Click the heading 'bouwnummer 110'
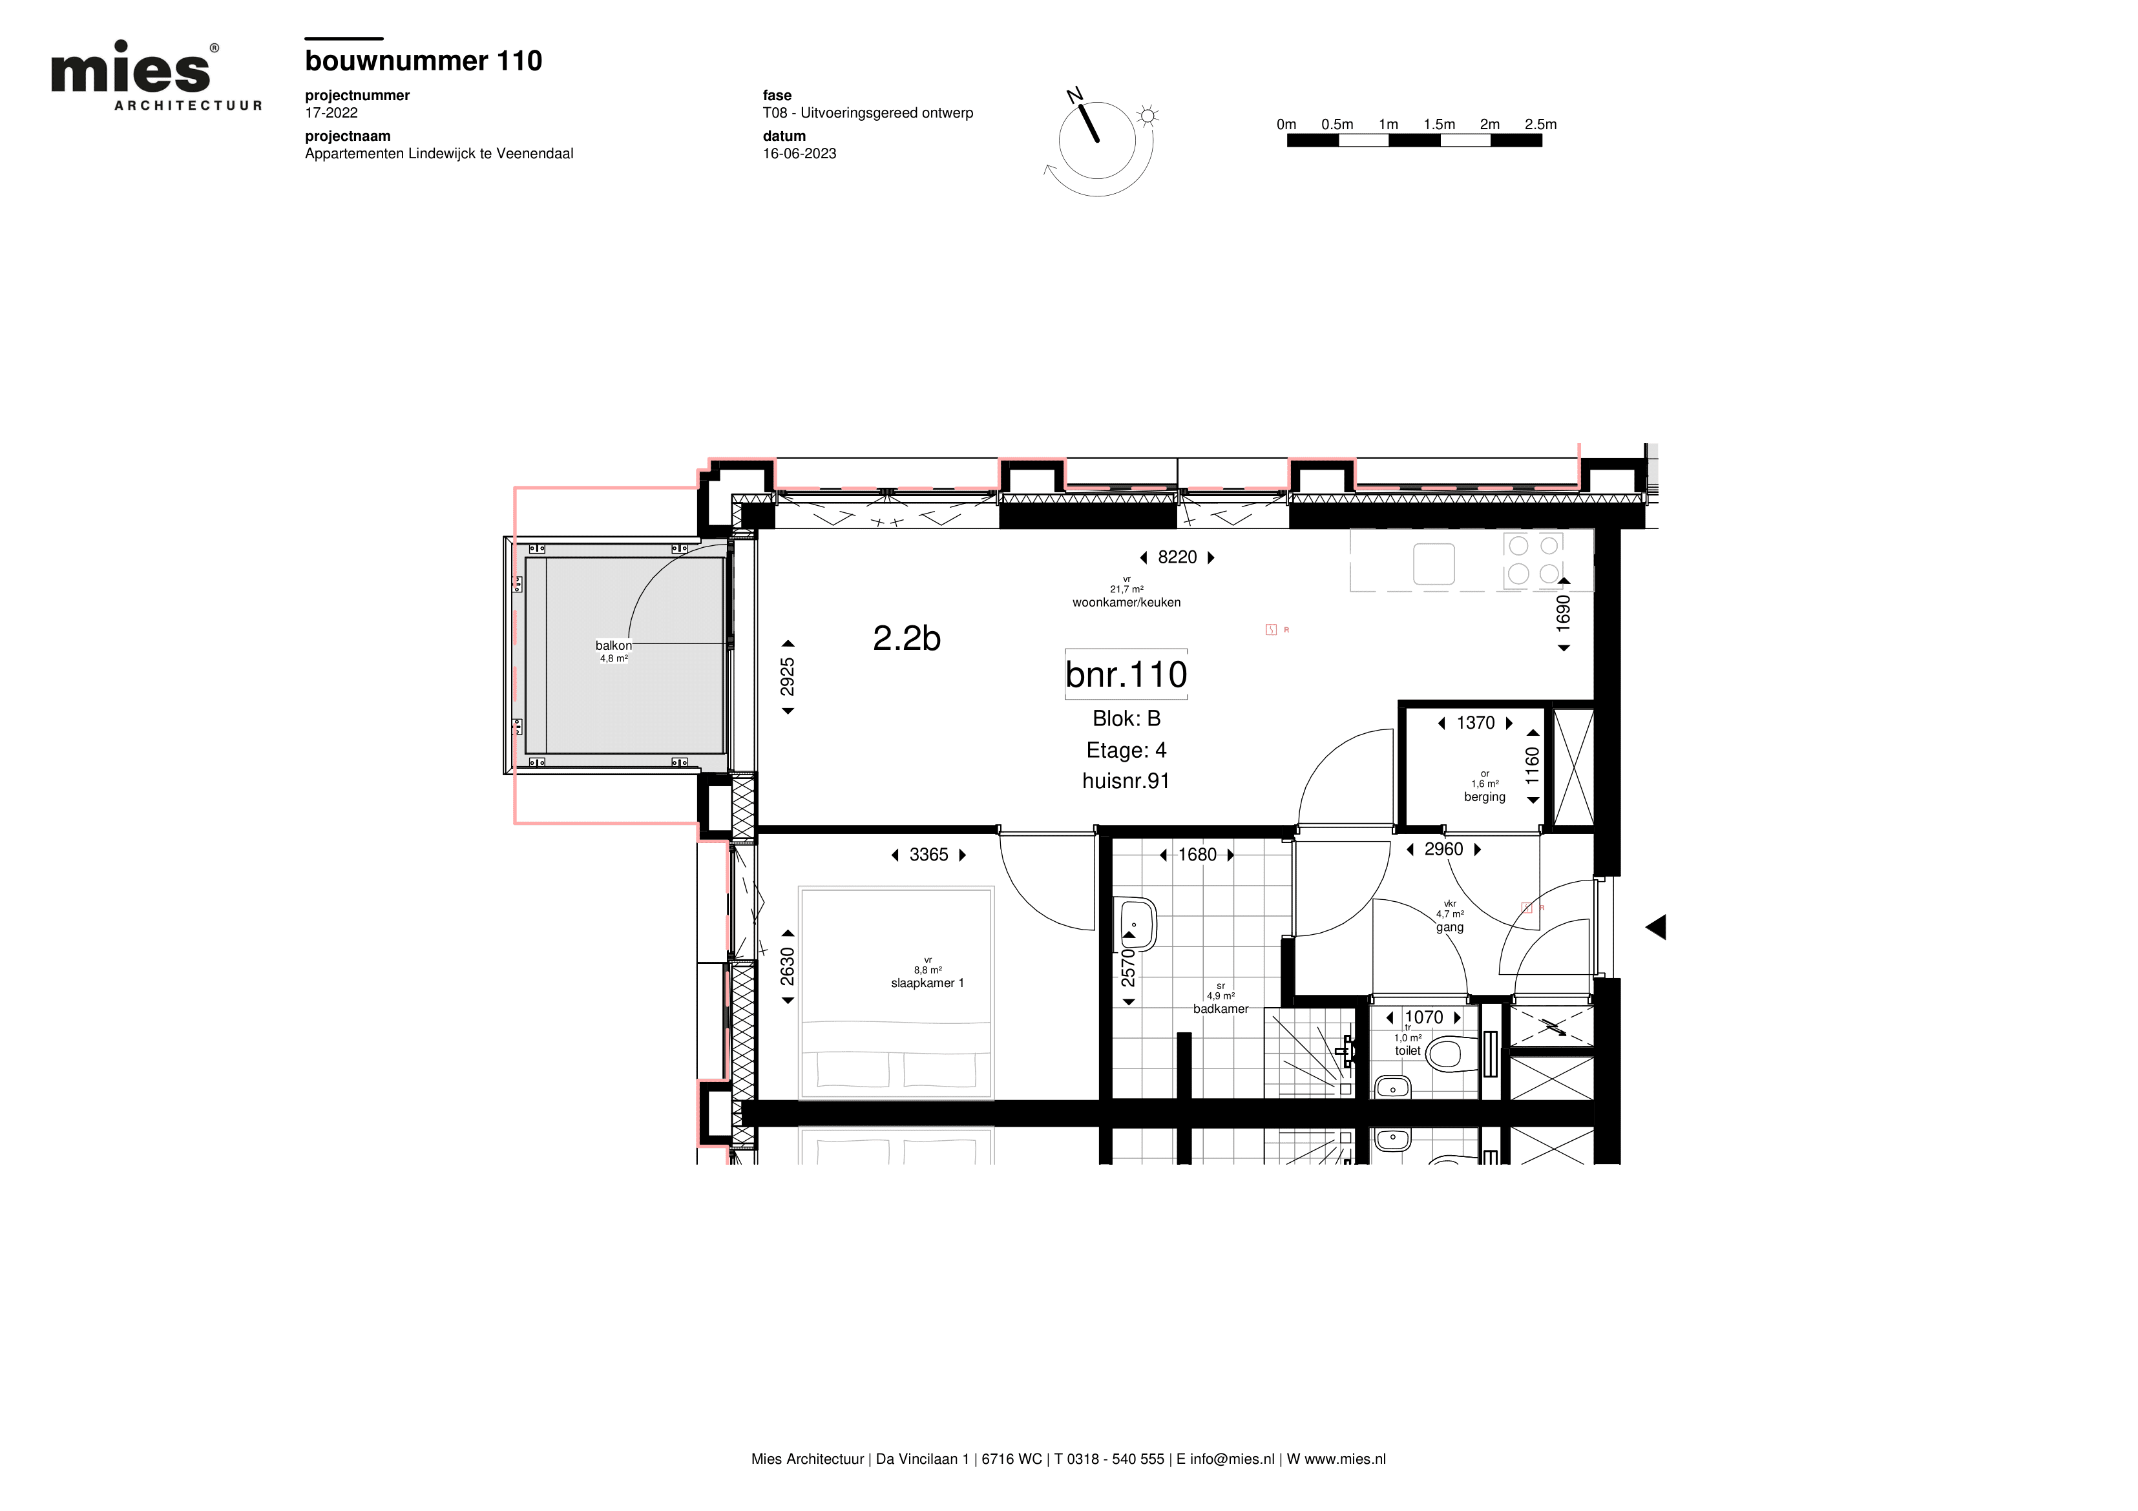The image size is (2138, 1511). pos(424,61)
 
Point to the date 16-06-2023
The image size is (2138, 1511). pos(799,154)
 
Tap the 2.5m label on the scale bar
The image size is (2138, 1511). pos(1540,124)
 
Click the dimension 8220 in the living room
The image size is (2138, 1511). pos(1177,557)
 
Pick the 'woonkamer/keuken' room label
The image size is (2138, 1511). pos(1127,602)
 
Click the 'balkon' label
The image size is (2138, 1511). pos(614,645)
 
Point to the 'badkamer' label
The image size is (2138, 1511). pos(1221,1009)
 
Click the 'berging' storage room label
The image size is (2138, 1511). pos(1484,797)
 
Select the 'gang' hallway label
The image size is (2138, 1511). pos(1450,927)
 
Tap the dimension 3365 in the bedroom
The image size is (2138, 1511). pos(928,855)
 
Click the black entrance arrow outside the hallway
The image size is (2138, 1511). pos(1655,927)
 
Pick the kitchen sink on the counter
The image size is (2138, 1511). pos(1434,564)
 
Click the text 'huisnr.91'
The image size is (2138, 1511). pos(1126,781)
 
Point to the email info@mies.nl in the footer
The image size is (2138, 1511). pos(1232,1459)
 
